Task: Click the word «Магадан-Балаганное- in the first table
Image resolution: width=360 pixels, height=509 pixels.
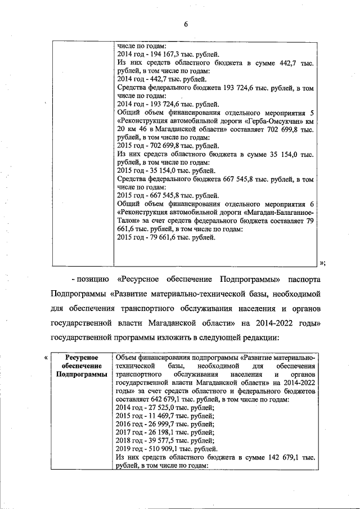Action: pos(280,212)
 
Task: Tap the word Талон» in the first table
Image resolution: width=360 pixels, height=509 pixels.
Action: pos(128,221)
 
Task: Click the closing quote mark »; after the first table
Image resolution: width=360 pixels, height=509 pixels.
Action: pos(322,263)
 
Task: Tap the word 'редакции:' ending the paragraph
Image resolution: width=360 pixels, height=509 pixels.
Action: pos(263,337)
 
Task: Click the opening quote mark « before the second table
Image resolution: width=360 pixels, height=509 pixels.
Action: pos(46,357)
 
